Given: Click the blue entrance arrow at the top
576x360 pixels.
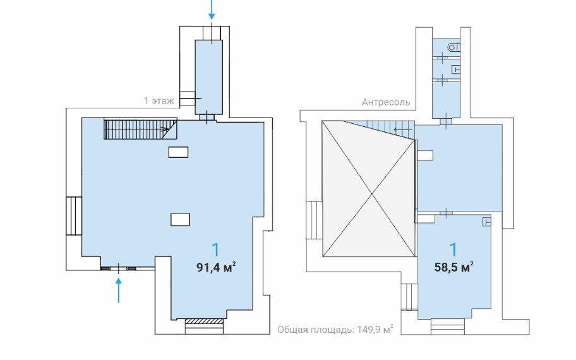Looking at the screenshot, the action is point(212,9).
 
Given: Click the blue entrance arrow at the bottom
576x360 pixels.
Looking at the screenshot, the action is point(118,290).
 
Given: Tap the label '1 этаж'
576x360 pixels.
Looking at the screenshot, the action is point(159,100).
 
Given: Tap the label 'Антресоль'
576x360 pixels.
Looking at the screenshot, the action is point(386,102).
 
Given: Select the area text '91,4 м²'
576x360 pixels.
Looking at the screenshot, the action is point(216,267).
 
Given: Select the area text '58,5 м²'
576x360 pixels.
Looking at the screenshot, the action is point(453,267).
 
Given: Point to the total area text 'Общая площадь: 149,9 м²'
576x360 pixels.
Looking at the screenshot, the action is point(335,330).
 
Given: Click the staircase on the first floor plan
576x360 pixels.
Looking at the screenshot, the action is point(140,129).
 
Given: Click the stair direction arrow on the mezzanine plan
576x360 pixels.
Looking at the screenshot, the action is point(403,129).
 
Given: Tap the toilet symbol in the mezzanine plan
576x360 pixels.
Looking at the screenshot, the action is point(454,47).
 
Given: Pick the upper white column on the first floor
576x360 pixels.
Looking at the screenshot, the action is point(178,152).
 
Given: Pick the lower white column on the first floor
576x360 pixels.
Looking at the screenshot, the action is point(181,219).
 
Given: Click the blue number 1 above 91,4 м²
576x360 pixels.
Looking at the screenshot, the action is point(216,249).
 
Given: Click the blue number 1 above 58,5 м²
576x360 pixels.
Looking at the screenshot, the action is point(454,249).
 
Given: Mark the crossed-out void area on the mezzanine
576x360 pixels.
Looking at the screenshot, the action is point(368,189).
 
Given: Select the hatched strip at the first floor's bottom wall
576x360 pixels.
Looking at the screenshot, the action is point(204,321).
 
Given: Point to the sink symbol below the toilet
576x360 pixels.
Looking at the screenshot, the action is point(456,69).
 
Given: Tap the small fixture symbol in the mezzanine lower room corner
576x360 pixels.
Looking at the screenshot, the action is point(487,222).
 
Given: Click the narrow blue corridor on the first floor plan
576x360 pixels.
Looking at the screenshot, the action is point(208,77).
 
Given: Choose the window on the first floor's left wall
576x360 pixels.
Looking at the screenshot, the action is point(74,215).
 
